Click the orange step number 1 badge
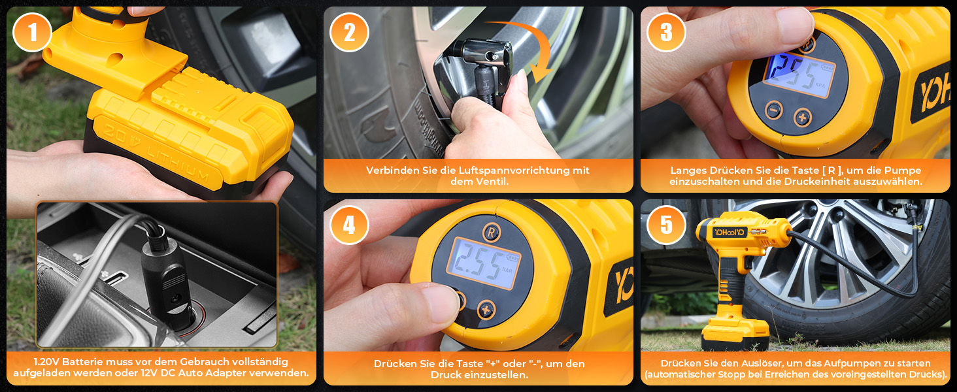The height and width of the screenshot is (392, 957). click(33, 33)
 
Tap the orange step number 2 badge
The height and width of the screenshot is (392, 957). click(349, 33)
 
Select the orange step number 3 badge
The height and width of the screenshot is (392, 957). click(666, 33)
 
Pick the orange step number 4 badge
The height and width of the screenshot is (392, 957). click(349, 225)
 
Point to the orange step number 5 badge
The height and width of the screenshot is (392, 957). click(666, 225)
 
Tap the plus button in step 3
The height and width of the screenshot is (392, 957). click(802, 117)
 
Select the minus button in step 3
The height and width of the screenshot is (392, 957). click(774, 110)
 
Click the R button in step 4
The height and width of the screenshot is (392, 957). click(492, 233)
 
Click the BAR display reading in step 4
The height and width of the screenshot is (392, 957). click(483, 263)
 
